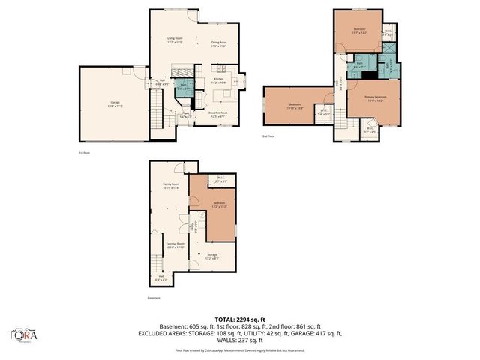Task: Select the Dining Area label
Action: point(219,43)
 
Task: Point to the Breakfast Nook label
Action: point(219,114)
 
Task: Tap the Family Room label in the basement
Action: point(172,184)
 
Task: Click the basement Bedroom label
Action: point(219,204)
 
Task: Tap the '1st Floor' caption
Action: point(84,153)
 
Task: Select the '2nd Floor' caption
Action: point(268,137)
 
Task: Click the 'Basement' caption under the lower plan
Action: point(154,298)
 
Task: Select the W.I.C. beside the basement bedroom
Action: point(221,180)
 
